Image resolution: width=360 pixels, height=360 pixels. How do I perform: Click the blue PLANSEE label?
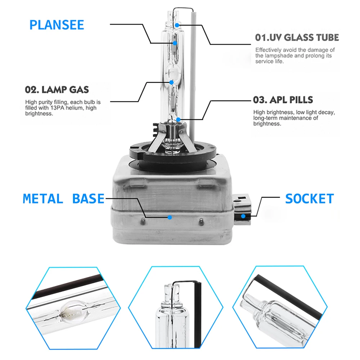[57, 25]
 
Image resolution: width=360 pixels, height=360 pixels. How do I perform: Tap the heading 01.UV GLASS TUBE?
[297, 37]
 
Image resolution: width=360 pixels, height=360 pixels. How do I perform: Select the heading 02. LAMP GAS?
[57, 90]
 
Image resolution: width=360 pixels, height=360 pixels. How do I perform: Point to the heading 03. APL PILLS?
[283, 100]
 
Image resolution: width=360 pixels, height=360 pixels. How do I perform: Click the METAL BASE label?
[64, 199]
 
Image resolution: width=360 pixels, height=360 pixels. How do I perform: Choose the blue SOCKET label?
[310, 199]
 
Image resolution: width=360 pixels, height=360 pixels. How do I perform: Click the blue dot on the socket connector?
[243, 216]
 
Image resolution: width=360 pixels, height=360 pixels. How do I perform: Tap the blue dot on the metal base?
[170, 217]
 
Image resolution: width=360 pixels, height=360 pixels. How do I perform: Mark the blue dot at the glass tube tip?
[177, 25]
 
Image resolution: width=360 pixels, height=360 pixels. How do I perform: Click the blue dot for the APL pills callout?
[178, 120]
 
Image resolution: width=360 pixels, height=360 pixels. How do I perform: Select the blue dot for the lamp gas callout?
[171, 82]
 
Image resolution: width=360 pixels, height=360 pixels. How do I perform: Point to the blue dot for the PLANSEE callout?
[175, 43]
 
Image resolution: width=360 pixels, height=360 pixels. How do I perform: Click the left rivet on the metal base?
[143, 221]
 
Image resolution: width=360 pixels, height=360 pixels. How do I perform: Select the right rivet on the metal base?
[201, 221]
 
